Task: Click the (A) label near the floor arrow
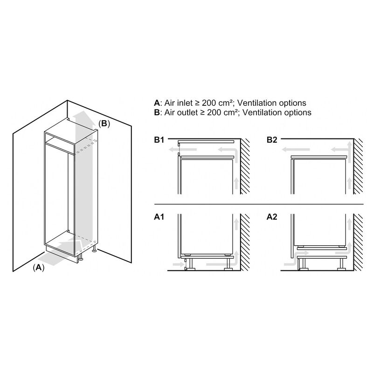pyautogui.click(x=39, y=268)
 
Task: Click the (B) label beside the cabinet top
pyautogui.click(x=104, y=124)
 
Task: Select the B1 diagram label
pyautogui.click(x=159, y=140)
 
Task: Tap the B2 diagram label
pyautogui.click(x=272, y=140)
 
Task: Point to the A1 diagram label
pyautogui.click(x=159, y=217)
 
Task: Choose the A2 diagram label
pyautogui.click(x=272, y=217)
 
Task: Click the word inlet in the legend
pyautogui.click(x=185, y=103)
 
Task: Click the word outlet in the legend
pyautogui.click(x=187, y=112)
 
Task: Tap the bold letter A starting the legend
pyautogui.click(x=157, y=103)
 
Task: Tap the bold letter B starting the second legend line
pyautogui.click(x=157, y=112)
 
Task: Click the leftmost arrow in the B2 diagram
pyautogui.click(x=296, y=150)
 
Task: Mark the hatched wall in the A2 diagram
pyautogui.click(x=358, y=242)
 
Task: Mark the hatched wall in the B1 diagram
pyautogui.click(x=245, y=166)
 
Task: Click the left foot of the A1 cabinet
pyautogui.click(x=191, y=269)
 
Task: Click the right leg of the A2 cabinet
pyautogui.click(x=342, y=264)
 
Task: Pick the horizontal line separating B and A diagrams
pyautogui.click(x=259, y=204)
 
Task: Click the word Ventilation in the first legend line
pyautogui.click(x=257, y=103)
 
